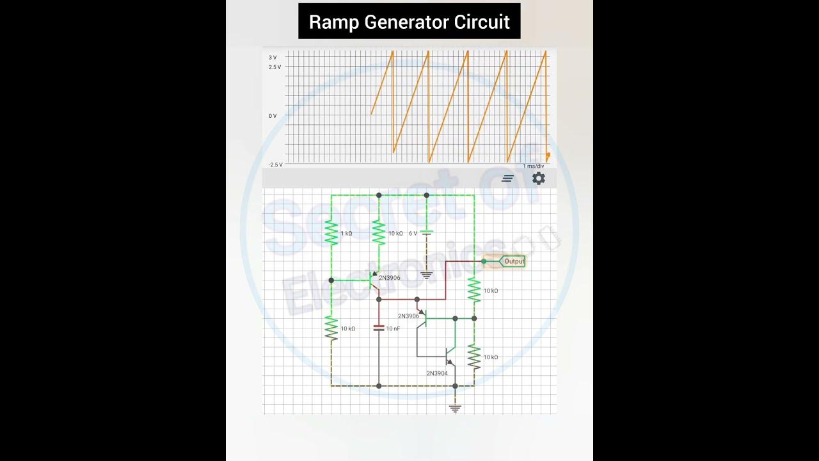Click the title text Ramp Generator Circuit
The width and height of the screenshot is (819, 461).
[x=409, y=22]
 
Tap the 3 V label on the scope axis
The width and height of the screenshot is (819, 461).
[x=273, y=58]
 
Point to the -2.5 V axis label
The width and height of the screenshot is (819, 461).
[x=275, y=165]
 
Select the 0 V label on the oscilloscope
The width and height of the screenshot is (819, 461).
[x=273, y=116]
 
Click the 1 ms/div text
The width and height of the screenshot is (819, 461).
[x=533, y=166]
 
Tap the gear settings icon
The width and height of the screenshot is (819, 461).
[x=539, y=179]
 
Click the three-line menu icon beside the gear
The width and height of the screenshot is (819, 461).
[x=507, y=179]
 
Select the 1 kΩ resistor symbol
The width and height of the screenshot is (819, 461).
[x=331, y=233]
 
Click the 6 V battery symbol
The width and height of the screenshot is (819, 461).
[x=427, y=233]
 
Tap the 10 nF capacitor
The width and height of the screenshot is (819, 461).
[x=379, y=328]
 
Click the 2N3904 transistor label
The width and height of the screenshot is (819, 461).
[x=437, y=373]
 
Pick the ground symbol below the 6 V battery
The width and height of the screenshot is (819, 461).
[x=427, y=275]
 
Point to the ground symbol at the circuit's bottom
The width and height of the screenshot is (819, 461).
[x=455, y=407]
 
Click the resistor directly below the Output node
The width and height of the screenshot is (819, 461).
[x=474, y=290]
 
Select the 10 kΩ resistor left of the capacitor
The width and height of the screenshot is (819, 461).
[x=331, y=328]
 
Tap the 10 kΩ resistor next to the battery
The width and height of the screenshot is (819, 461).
[x=379, y=233]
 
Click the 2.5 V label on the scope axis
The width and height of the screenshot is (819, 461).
[x=274, y=67]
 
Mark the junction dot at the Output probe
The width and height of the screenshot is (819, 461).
[x=484, y=261]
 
